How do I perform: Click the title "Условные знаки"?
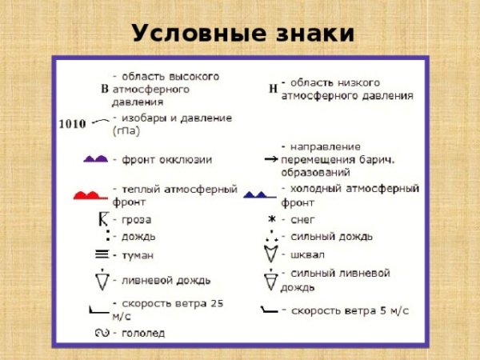tap(242, 33)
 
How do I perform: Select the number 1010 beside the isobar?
tap(73, 124)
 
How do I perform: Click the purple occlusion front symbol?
tap(95, 160)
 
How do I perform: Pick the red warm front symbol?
tap(89, 194)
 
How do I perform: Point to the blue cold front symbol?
tap(259, 194)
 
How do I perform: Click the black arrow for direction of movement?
tap(270, 160)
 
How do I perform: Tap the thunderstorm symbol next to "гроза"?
tap(102, 219)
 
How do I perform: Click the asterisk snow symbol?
tap(271, 219)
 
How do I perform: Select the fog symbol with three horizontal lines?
tap(102, 255)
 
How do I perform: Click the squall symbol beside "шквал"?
tap(271, 255)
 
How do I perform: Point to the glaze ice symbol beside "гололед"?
tap(102, 332)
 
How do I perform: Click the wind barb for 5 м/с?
tap(270, 309)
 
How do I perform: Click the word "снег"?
tap(304, 219)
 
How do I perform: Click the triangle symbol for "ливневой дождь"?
tap(102, 280)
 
